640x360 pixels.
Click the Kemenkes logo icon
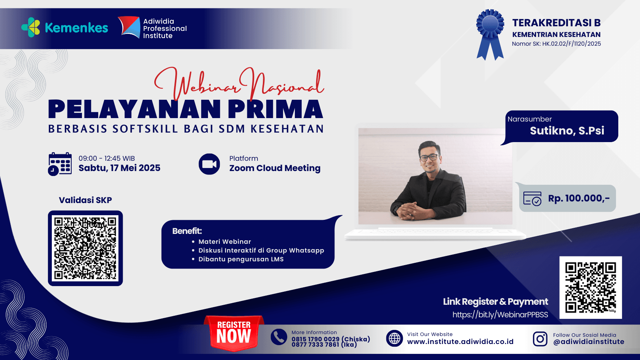[31, 27]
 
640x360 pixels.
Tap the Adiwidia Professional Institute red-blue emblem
[130, 27]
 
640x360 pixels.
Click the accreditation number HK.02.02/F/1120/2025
[571, 44]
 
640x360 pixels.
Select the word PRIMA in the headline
[275, 109]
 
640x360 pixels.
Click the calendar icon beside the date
[60, 164]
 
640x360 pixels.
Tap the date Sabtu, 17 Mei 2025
[119, 168]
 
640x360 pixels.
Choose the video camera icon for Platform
[209, 164]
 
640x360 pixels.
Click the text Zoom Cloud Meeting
[275, 168]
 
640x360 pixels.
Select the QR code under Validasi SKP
[85, 248]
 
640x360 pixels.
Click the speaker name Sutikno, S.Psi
[567, 131]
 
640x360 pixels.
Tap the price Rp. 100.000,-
[579, 198]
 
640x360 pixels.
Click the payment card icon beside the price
[532, 198]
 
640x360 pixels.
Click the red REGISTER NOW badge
[234, 333]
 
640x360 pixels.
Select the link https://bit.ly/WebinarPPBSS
[500, 315]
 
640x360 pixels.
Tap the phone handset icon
[279, 337]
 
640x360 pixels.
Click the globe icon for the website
[395, 338]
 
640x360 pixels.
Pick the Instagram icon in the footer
[540, 339]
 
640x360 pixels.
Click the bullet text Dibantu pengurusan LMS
[241, 259]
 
